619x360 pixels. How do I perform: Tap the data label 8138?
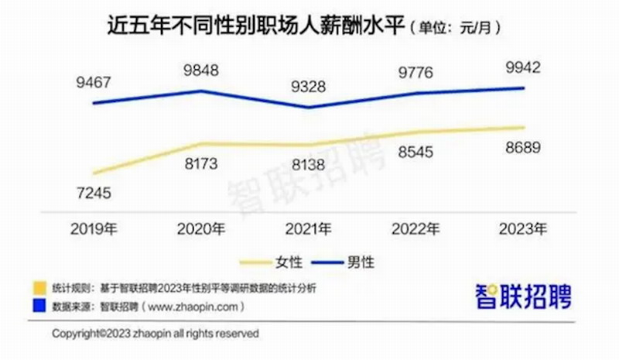pos(309,163)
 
